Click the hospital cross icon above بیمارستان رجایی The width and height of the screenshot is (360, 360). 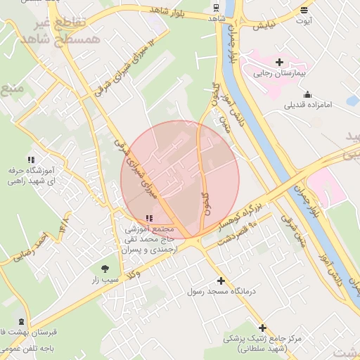click(279, 62)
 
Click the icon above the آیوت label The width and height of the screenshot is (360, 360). click(304, 11)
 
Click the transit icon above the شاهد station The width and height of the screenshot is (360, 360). click(216, 8)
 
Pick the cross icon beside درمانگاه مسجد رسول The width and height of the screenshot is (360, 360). click(221, 280)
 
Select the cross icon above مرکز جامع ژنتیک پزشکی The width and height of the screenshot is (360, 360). click(262, 328)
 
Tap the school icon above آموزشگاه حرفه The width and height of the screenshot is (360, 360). click(30, 160)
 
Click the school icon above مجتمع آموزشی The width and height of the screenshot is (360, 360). click(148, 219)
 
